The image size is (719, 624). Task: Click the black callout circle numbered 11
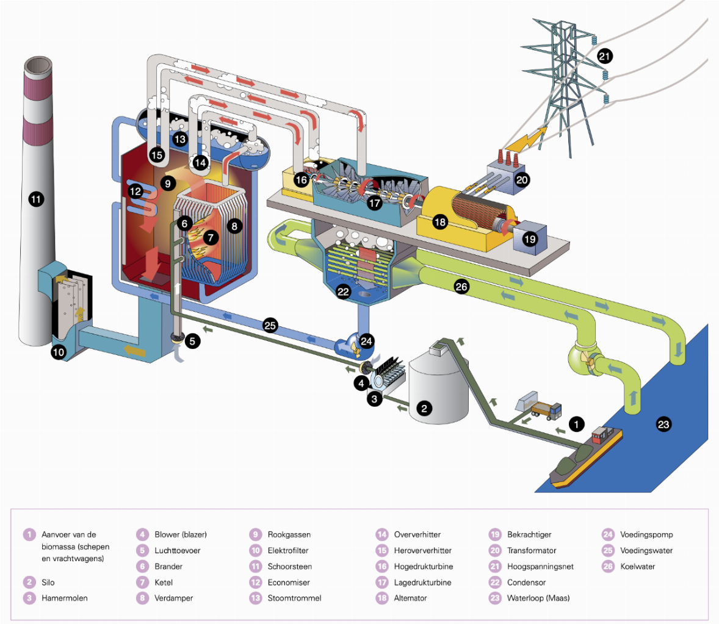(36, 198)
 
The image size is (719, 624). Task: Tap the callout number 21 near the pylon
(604, 57)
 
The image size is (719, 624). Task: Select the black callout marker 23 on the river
(663, 425)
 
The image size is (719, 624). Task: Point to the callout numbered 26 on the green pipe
(461, 287)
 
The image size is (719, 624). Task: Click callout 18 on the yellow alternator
(440, 222)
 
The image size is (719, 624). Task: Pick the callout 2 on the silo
(424, 408)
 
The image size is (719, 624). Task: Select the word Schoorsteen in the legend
(289, 567)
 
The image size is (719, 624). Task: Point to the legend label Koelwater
(637, 567)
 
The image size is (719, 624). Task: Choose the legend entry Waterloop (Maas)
(538, 598)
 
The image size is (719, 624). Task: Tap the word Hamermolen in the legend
(64, 598)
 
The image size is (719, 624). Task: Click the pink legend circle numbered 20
(495, 551)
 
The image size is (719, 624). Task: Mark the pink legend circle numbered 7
(142, 583)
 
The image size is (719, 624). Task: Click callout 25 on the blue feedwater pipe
(270, 325)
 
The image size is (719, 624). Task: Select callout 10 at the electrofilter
(59, 352)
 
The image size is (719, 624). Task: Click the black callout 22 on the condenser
(344, 292)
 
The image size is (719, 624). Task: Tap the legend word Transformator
(531, 551)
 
